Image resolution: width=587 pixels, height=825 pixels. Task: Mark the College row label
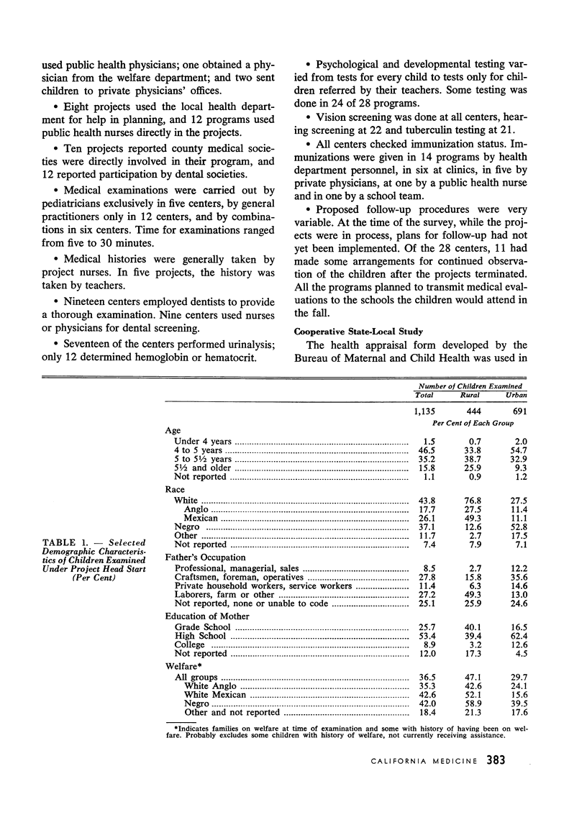(191, 645)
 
